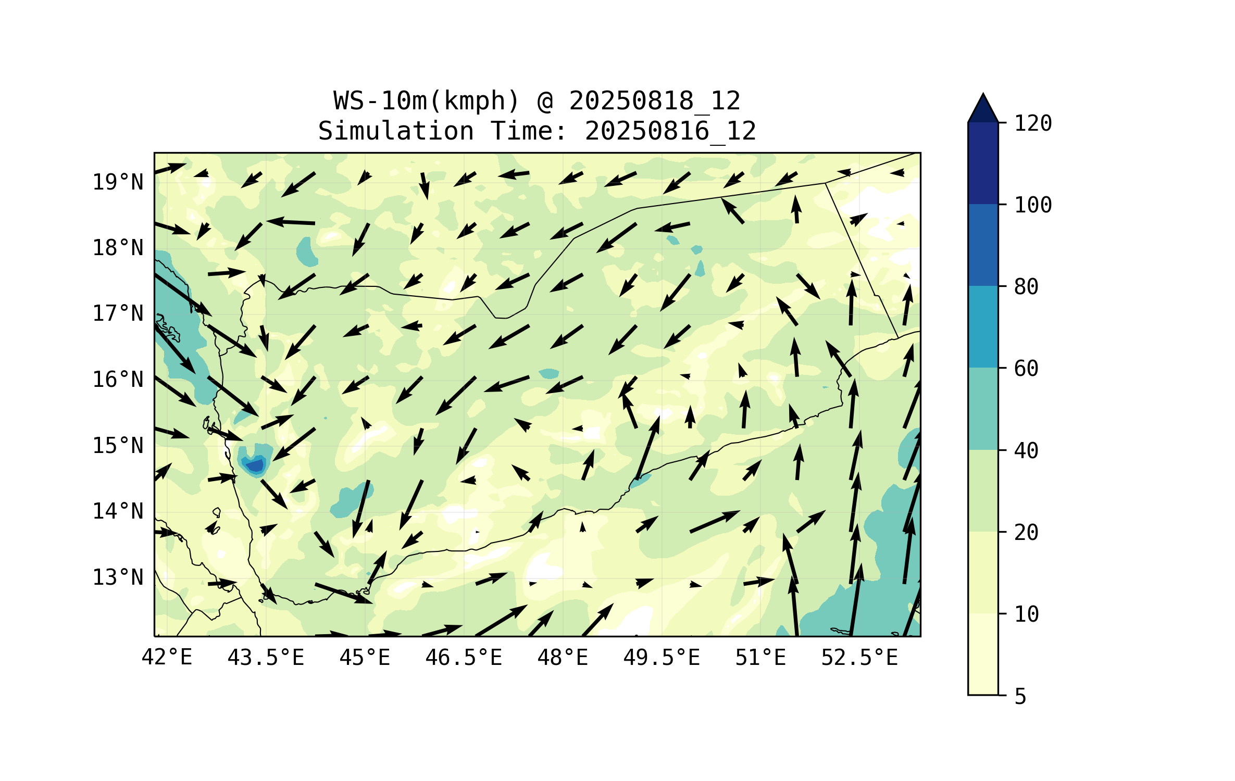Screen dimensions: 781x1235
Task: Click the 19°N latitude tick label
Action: coord(118,182)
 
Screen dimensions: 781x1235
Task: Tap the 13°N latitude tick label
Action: coord(118,577)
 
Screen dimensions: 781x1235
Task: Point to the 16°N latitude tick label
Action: coord(118,380)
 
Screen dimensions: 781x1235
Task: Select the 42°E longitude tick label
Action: coord(167,658)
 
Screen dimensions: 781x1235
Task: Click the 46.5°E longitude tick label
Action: coord(464,658)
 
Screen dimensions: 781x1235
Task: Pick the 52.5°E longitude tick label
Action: coord(859,658)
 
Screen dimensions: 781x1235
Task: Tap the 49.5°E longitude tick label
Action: coord(662,658)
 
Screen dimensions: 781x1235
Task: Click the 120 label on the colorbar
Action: coord(1033,123)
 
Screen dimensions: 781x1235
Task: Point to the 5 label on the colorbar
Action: coord(1020,696)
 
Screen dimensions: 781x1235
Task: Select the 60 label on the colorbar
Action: coord(1026,369)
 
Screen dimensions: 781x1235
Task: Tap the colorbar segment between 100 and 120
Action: coord(983,163)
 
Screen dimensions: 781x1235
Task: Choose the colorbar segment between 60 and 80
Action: coord(983,326)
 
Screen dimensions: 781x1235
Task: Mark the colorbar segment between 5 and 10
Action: coord(983,654)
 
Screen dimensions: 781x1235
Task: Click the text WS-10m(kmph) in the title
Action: coord(427,100)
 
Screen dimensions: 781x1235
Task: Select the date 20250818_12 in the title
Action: coord(654,100)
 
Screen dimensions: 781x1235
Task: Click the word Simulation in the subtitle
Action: coord(396,131)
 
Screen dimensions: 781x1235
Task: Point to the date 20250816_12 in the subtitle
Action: coord(670,131)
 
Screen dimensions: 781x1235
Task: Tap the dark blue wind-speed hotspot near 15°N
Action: coord(256,465)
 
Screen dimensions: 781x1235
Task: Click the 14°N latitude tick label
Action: coord(118,511)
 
